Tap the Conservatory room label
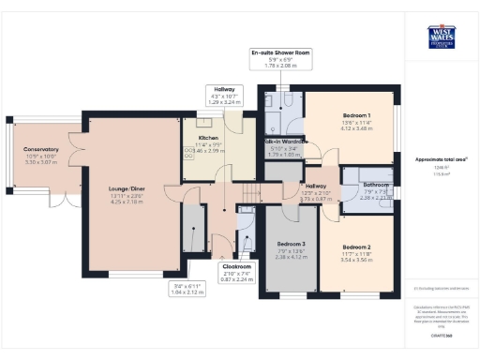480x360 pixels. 41,149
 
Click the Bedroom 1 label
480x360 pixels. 352,115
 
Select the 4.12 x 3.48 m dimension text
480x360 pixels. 352,127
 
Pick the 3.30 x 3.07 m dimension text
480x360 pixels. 41,162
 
